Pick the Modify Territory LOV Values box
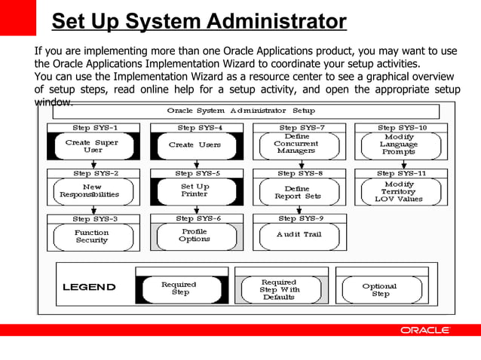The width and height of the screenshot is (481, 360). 399,191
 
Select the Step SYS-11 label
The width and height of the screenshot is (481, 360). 401,173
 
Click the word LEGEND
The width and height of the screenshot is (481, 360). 89,287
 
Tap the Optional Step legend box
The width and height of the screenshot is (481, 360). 380,290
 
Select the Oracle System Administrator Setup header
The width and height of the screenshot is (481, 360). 240,111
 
